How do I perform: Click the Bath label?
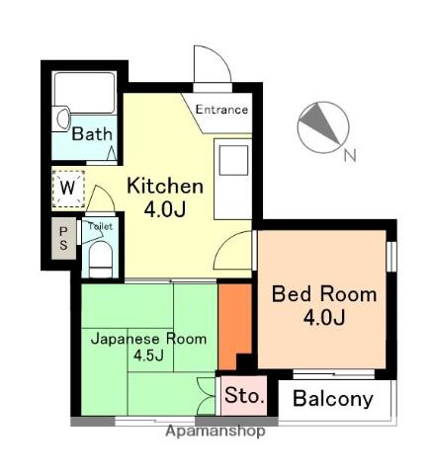pyautogui.click(x=92, y=134)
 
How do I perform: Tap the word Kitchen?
pyautogui.click(x=165, y=186)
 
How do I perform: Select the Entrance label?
pyautogui.click(x=221, y=110)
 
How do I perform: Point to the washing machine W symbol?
pyautogui.click(x=68, y=189)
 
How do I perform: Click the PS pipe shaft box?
pyautogui.click(x=63, y=239)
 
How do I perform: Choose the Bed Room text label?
pyautogui.click(x=324, y=294)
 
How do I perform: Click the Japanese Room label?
pyautogui.click(x=149, y=339)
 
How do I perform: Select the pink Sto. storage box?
pyautogui.click(x=244, y=395)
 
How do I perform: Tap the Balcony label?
pyautogui.click(x=333, y=399)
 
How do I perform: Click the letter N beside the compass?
pyautogui.click(x=350, y=155)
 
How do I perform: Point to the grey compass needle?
pyautogui.click(x=320, y=124)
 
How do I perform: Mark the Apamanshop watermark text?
pyautogui.click(x=215, y=431)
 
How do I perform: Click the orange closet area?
pyautogui.click(x=234, y=326)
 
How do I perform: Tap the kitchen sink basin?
pyautogui.click(x=233, y=160)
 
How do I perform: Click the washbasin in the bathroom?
pyautogui.click(x=63, y=118)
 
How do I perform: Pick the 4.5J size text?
pyautogui.click(x=148, y=355)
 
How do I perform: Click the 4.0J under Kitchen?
pyautogui.click(x=165, y=209)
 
